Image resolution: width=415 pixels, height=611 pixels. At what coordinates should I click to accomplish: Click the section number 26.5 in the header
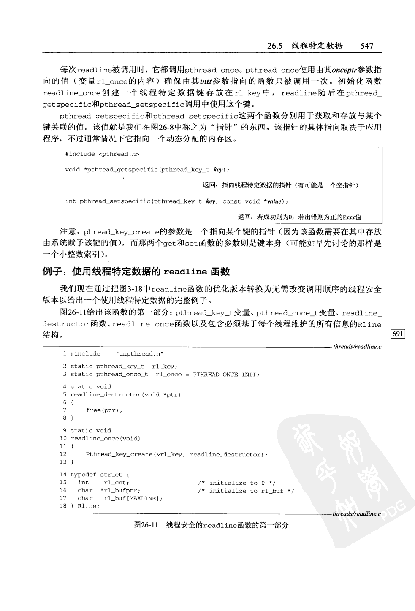click(274, 46)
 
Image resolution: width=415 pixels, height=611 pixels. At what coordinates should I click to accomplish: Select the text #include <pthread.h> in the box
click(102, 154)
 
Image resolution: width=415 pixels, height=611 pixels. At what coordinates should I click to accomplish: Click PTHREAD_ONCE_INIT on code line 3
click(226, 375)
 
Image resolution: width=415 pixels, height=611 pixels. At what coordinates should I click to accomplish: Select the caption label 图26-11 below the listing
click(146, 525)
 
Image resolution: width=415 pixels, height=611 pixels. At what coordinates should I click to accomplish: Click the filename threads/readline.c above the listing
click(357, 347)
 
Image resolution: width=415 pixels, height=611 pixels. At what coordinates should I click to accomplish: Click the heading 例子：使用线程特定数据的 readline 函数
click(136, 271)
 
